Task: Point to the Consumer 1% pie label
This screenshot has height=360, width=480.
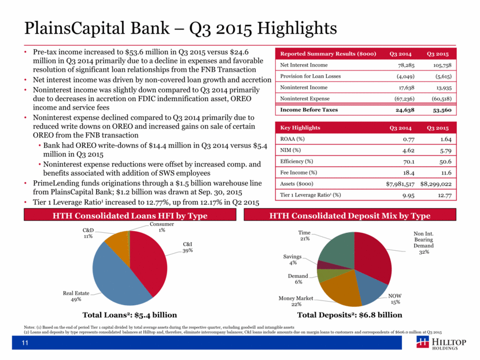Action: coord(158,227)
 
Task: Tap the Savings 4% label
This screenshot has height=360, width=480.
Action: coord(291,259)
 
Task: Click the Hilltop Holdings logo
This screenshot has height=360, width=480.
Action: coord(442,345)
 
